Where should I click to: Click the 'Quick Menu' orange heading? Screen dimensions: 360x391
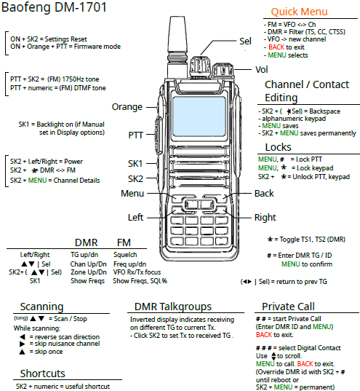coord(299,12)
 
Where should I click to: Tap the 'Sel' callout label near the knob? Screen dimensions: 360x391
coord(245,42)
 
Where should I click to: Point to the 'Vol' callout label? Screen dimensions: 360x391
coord(262,70)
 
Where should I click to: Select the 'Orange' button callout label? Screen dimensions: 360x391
coord(127,107)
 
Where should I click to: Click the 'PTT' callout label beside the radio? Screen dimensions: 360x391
coord(135,135)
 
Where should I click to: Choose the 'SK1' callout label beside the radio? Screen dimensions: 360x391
coord(135,164)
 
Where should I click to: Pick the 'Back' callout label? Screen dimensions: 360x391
coord(264,194)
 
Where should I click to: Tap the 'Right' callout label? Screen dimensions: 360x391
coord(265,218)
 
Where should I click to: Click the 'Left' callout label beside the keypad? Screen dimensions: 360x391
coord(135,218)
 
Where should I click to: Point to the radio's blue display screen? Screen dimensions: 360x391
coord(199,116)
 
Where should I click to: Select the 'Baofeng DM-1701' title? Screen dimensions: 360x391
coord(54,7)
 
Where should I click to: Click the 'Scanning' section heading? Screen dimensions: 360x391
coord(42,307)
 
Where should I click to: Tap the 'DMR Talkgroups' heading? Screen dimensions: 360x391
coord(173,307)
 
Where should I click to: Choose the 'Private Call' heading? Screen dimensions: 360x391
coord(288,307)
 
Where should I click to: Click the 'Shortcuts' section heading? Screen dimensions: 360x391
coord(43,374)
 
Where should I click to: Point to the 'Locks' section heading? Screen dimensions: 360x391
coord(278,147)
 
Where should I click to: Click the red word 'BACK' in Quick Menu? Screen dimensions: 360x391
coord(276,47)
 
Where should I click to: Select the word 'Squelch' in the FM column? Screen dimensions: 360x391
coord(125,255)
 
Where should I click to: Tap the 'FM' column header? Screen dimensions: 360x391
coord(124,242)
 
